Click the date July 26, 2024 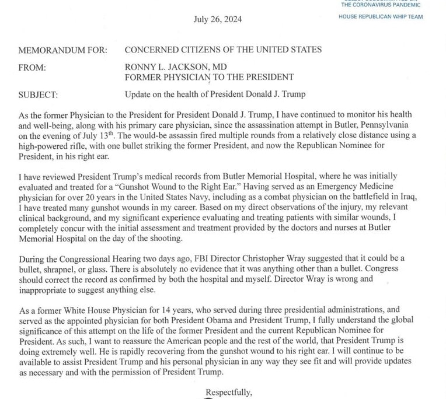[x=217, y=19]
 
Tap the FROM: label [x=32, y=67]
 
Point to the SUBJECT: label [x=39, y=94]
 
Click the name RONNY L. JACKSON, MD [x=172, y=67]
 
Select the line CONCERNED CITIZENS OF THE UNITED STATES [x=223, y=50]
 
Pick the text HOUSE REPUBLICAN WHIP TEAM [x=381, y=16]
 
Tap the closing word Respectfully [x=229, y=391]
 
